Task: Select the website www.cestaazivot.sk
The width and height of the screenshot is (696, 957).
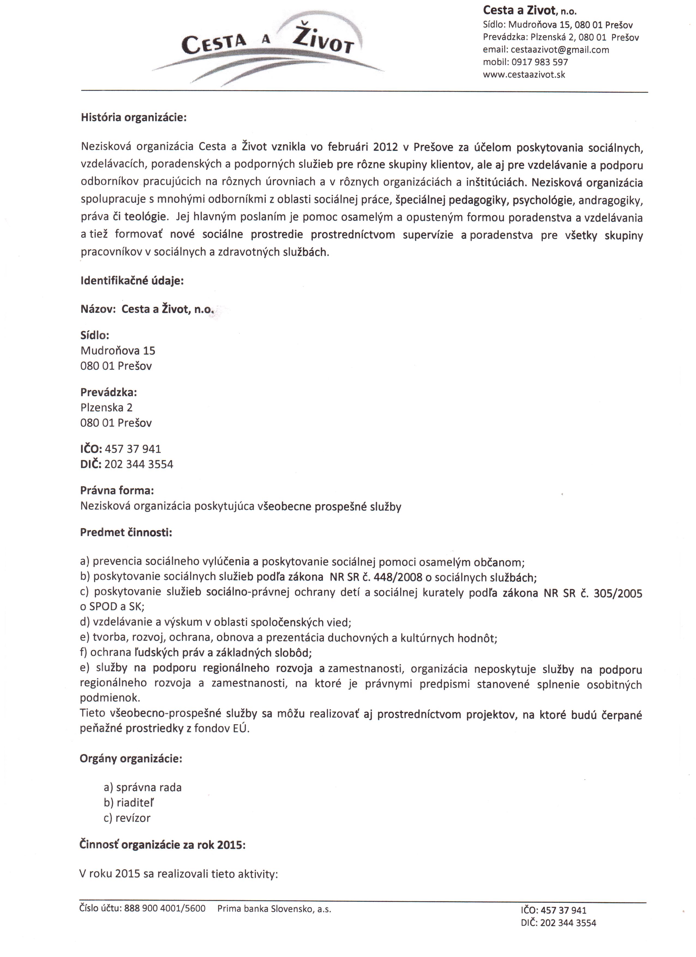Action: tap(524, 75)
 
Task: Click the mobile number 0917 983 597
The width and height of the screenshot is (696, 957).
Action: tap(540, 62)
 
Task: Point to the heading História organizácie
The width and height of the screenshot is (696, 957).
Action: tap(133, 117)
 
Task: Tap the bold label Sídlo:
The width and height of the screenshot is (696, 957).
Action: tap(95, 335)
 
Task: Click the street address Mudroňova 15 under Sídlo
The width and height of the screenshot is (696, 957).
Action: tap(118, 351)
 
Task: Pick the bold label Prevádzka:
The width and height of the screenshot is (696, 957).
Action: tap(109, 392)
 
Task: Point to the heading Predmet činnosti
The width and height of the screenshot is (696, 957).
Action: tap(126, 532)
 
